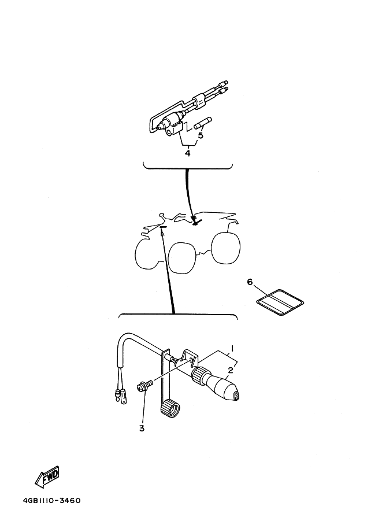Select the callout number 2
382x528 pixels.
coord(231,370)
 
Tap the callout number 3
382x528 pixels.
coord(142,429)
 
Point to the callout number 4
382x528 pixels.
coord(188,153)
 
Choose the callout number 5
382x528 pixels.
coord(201,136)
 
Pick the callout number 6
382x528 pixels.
coord(250,282)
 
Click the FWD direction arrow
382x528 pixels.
coord(47,477)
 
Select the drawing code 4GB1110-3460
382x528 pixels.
coord(52,500)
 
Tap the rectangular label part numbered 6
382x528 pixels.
coord(280,302)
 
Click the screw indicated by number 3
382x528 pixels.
coord(144,386)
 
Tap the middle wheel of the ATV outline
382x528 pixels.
coord(182,257)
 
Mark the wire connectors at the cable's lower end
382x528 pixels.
coord(120,396)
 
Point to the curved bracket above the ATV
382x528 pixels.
coord(188,165)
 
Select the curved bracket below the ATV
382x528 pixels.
coord(178,316)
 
